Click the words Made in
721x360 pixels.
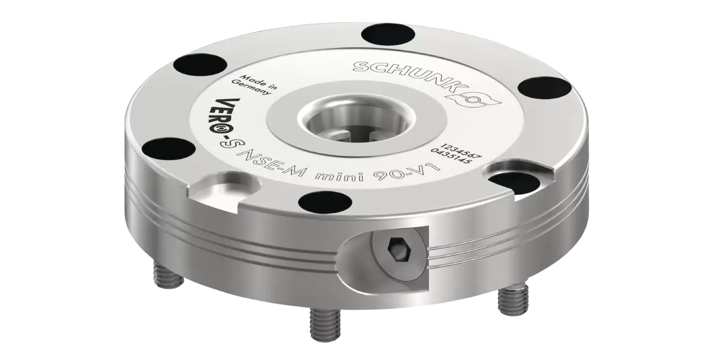(x=259, y=82)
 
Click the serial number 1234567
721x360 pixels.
(x=461, y=151)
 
